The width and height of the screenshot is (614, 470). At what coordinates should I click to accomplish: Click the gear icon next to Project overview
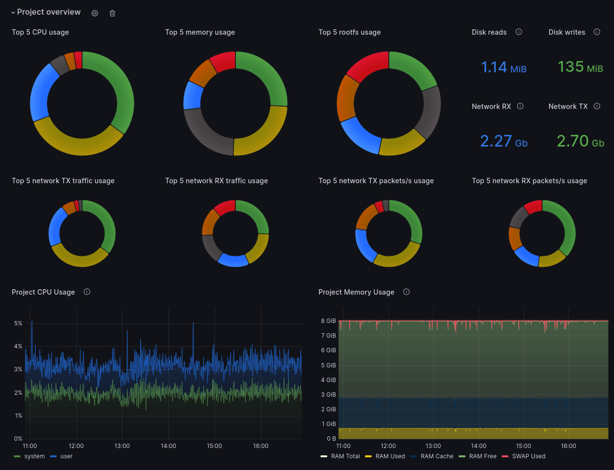point(95,13)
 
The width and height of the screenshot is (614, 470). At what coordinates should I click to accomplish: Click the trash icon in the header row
point(112,13)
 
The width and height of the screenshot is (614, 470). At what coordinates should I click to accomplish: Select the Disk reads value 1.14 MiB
point(504,67)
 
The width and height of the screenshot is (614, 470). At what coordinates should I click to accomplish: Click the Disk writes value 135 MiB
point(580,67)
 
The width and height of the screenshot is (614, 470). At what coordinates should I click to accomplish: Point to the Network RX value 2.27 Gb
point(504,141)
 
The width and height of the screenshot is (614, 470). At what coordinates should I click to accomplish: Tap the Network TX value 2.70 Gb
point(580,141)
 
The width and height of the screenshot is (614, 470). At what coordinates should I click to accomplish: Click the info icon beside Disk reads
point(519,32)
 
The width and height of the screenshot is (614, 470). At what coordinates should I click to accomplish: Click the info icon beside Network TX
point(597,106)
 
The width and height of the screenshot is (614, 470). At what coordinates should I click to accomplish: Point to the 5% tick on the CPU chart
point(19,323)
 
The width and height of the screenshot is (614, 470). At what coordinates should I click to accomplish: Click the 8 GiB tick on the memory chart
point(328,321)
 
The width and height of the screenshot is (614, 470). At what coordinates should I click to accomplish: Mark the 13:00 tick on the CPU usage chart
point(122,446)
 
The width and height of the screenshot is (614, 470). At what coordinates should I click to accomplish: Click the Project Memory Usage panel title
point(356,292)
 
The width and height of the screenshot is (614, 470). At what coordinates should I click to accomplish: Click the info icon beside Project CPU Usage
point(87,292)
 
